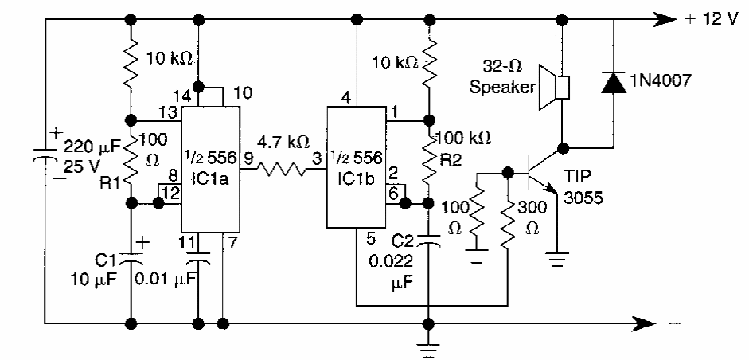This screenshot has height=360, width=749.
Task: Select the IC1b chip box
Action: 357,166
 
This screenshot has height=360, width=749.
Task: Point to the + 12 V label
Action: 712,20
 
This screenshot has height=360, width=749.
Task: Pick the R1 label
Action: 111,182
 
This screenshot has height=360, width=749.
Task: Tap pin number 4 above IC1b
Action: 345,98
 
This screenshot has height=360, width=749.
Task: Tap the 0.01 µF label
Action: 166,279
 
